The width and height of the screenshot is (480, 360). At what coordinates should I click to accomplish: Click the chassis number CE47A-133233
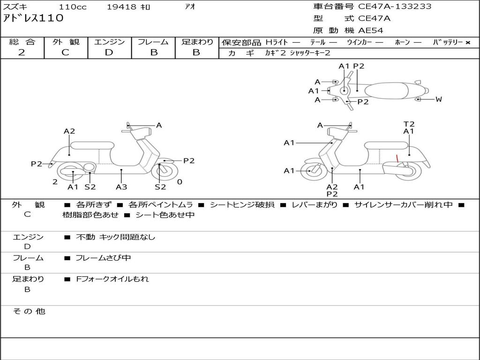pyautogui.click(x=395, y=7)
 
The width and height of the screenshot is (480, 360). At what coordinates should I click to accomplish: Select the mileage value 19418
pyautogui.click(x=121, y=7)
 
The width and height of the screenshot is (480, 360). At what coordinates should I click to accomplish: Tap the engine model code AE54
pyautogui.click(x=371, y=31)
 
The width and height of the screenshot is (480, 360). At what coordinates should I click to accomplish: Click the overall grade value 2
pyautogui.click(x=22, y=52)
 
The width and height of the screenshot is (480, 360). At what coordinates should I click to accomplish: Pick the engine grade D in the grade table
pyautogui.click(x=109, y=52)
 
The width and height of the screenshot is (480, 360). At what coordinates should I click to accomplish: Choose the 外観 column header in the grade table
pyautogui.click(x=66, y=42)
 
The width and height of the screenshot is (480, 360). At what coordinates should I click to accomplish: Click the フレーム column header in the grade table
pyautogui.click(x=153, y=42)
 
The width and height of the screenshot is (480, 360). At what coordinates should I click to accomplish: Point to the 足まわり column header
pyautogui.click(x=197, y=42)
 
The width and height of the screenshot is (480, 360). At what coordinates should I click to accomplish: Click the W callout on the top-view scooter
pyautogui.click(x=439, y=99)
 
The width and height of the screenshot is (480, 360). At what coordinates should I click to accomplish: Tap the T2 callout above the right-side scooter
pyautogui.click(x=409, y=124)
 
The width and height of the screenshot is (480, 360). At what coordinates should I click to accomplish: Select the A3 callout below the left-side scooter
pyautogui.click(x=121, y=187)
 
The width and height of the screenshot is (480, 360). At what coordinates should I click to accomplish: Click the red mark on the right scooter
pyautogui.click(x=397, y=159)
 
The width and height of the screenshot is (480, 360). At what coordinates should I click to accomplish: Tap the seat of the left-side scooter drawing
pyautogui.click(x=92, y=145)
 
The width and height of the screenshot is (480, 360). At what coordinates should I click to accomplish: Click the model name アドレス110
pyautogui.click(x=33, y=18)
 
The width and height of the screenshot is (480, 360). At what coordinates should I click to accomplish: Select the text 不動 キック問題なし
pyautogui.click(x=115, y=237)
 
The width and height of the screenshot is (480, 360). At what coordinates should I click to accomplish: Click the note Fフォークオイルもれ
pyautogui.click(x=112, y=279)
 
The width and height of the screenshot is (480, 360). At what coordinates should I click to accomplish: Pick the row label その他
pyautogui.click(x=29, y=311)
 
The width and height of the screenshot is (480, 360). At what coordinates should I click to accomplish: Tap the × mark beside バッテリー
pyautogui.click(x=467, y=43)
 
